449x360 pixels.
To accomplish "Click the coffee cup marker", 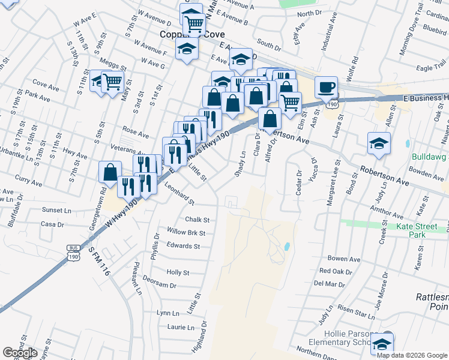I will click(326, 87).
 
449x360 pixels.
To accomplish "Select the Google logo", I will click(20, 353).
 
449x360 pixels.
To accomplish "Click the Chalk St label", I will click(197, 220).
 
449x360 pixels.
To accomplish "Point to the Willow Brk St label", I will click(186, 233).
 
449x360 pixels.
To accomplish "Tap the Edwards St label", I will click(183, 246).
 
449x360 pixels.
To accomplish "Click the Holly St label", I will click(178, 272).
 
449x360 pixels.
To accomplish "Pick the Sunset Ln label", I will click(56, 211).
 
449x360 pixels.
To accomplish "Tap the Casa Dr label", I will click(52, 224).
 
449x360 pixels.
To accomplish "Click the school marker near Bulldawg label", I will click(379, 143).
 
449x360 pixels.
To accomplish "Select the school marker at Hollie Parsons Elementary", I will click(381, 344).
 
